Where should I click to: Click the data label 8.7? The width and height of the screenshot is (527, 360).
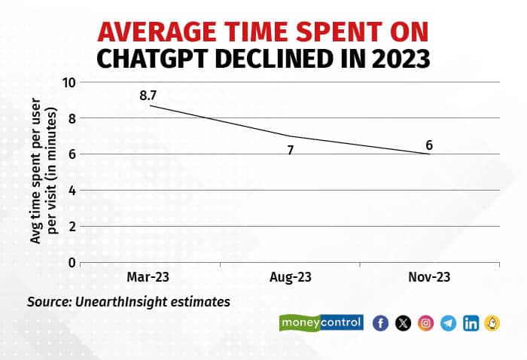[147, 95]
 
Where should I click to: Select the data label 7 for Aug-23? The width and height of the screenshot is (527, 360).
[290, 150]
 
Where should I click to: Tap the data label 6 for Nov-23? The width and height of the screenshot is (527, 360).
[429, 145]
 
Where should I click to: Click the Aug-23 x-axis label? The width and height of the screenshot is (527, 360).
[290, 278]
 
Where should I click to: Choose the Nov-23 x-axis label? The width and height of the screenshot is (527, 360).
[429, 278]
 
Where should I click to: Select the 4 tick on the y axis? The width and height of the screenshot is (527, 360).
[71, 191]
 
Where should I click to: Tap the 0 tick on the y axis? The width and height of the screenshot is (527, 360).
[71, 263]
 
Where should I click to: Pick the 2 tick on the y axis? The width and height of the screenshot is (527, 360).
[71, 227]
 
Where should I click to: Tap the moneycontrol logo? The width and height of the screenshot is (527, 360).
[321, 322]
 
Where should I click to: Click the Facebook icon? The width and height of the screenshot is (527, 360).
[381, 323]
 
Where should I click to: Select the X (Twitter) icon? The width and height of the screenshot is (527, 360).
[404, 323]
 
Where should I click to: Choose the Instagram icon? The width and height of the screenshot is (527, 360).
[426, 323]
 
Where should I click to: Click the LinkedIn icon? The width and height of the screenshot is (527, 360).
[471, 323]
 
